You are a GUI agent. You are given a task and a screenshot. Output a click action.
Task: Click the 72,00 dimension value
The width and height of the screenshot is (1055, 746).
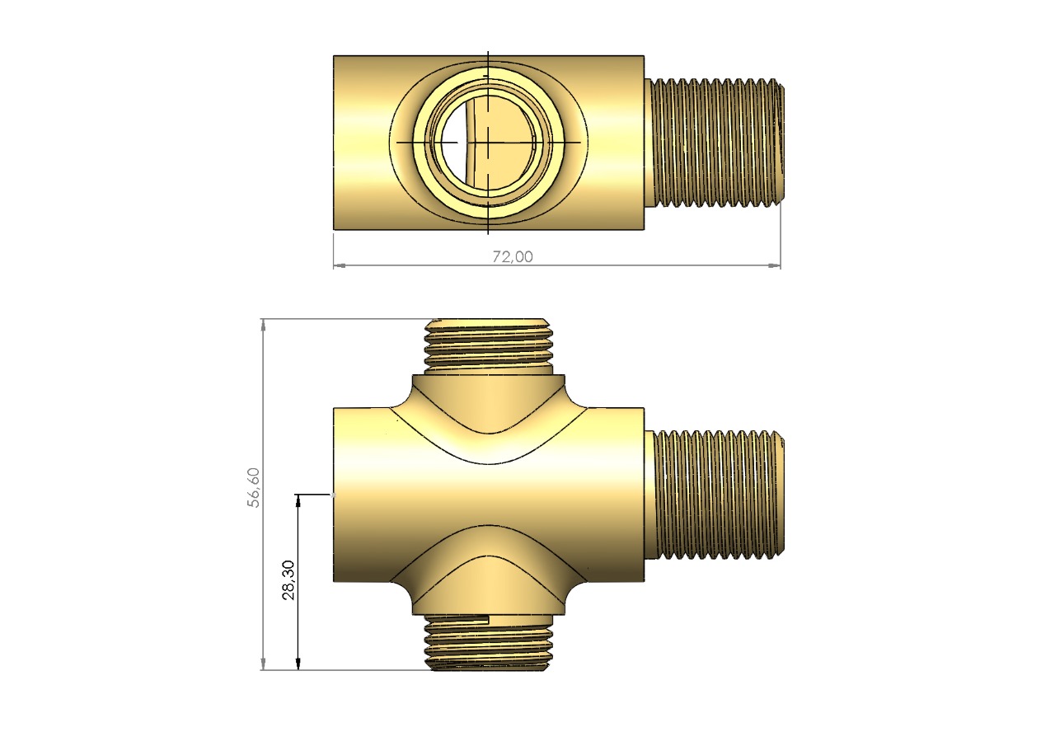point(513,256)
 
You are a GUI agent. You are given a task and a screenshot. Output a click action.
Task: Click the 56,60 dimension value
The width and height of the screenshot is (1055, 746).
point(254,487)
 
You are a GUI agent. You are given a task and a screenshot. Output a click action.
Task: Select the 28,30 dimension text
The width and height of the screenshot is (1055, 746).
point(288,579)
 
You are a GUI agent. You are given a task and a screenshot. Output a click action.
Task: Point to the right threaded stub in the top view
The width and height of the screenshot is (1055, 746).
point(714,143)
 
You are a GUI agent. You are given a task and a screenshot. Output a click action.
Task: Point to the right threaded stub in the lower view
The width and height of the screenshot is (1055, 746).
point(714,495)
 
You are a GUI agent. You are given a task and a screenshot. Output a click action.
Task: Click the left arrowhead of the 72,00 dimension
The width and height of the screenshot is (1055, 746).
point(340,265)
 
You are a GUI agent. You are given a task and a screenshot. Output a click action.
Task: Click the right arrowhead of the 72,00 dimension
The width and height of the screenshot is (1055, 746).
point(774,265)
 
